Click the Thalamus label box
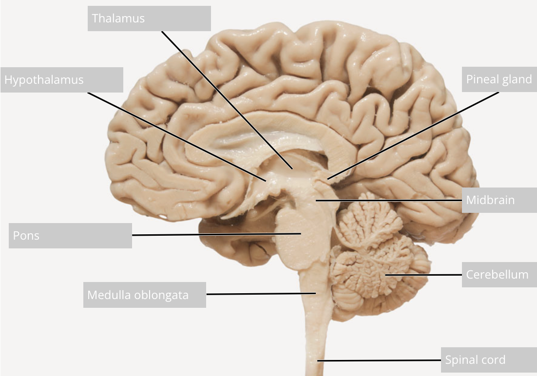point(149,19)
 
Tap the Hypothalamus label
point(62,80)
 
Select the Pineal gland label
point(499,79)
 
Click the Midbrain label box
point(499,200)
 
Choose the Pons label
point(70,236)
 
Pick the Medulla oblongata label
point(144,295)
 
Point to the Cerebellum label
point(499,274)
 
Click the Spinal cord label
point(488,360)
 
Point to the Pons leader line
point(214,235)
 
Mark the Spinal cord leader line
point(380,360)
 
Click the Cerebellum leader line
point(424,275)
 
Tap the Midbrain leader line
point(390,200)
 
